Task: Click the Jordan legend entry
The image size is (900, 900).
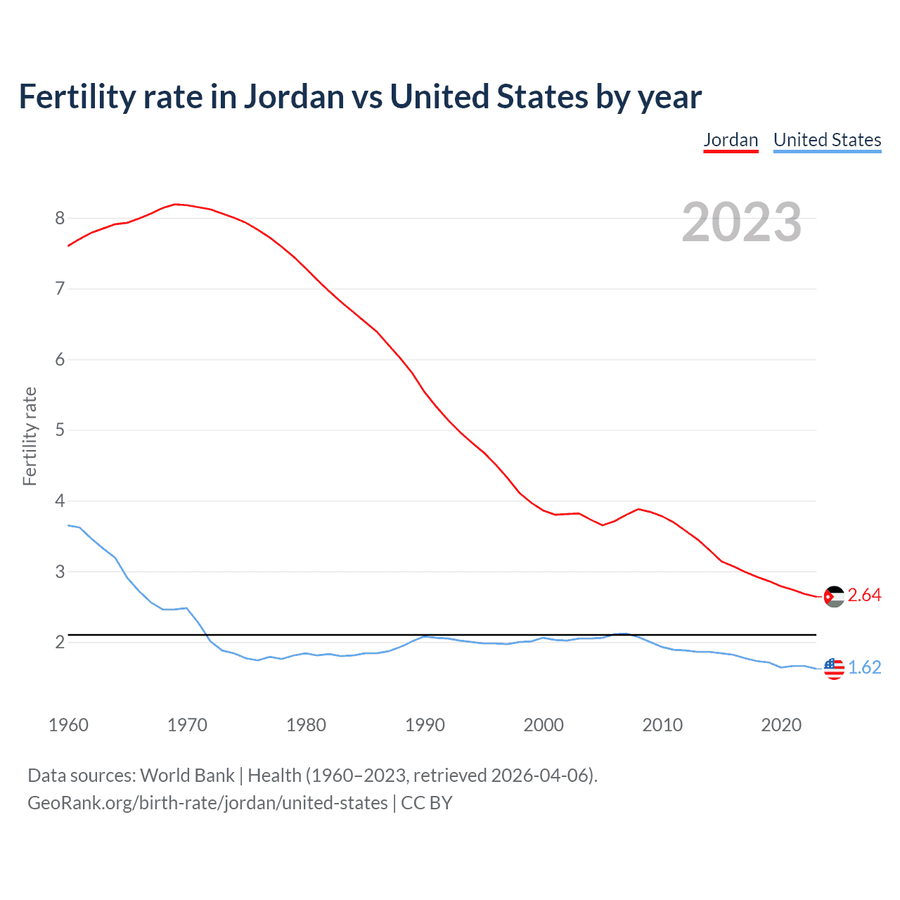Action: click(731, 140)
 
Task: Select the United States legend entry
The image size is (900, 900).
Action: click(827, 140)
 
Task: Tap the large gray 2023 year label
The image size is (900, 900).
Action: click(742, 222)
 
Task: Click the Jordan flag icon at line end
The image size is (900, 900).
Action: click(834, 596)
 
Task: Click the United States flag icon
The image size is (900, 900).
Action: click(834, 668)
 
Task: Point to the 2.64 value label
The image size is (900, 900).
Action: click(864, 596)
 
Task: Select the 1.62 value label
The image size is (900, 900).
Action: click(864, 667)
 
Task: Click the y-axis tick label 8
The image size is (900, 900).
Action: click(60, 218)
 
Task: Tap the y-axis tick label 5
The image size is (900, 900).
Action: click(60, 430)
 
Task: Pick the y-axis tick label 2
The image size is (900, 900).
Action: click(60, 642)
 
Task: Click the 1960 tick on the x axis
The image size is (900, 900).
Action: click(68, 725)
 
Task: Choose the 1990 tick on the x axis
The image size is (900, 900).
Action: click(425, 725)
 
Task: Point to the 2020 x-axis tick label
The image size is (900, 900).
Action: click(781, 725)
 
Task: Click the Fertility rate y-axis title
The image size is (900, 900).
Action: click(30, 436)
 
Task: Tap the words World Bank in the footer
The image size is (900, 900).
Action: click(187, 776)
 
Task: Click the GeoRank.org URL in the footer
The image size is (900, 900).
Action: click(207, 803)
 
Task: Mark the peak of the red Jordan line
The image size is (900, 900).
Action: click(176, 204)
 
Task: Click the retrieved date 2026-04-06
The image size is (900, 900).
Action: click(541, 776)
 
